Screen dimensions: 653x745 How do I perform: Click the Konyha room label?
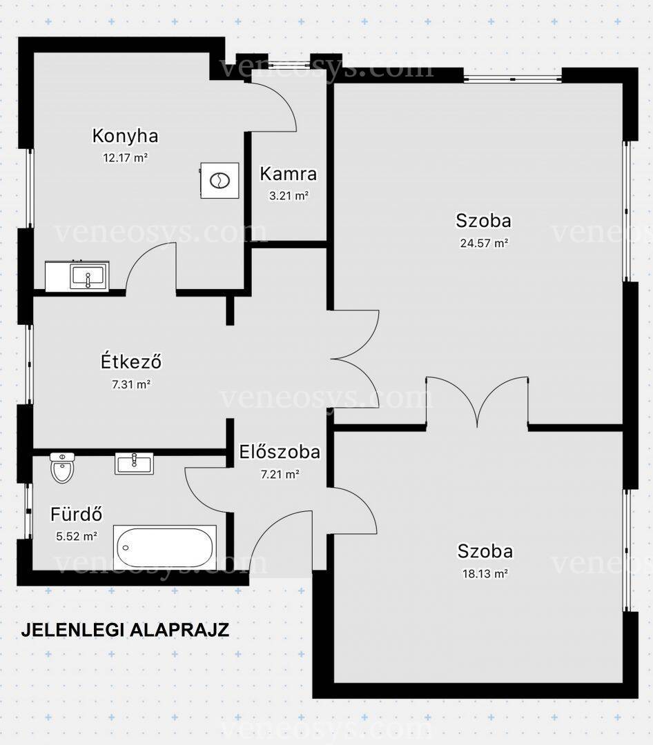[x=125, y=136]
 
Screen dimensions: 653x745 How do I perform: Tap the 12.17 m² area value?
[x=125, y=158]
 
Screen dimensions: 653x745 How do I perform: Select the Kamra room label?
[x=289, y=174]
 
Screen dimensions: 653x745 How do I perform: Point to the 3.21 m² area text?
[x=289, y=195]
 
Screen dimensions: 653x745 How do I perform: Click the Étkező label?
[x=130, y=361]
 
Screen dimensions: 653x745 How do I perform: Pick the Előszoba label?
[x=280, y=452]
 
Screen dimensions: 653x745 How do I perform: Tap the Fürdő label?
[x=76, y=514]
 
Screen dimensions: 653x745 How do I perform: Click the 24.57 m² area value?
[x=484, y=244]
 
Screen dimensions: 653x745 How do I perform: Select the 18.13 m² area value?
[x=485, y=573]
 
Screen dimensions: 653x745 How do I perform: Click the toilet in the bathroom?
[x=62, y=468]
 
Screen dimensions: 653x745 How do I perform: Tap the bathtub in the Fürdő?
[x=165, y=547]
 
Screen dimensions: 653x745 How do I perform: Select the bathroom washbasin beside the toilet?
[x=134, y=464]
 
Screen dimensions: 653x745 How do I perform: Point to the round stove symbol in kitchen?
[x=220, y=180]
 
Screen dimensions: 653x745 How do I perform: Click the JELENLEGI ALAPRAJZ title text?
[x=125, y=630]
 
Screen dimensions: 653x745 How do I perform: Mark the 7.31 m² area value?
[x=130, y=384]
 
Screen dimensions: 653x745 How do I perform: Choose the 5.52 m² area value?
[x=77, y=537]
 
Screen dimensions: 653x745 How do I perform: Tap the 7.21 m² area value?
[x=280, y=474]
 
